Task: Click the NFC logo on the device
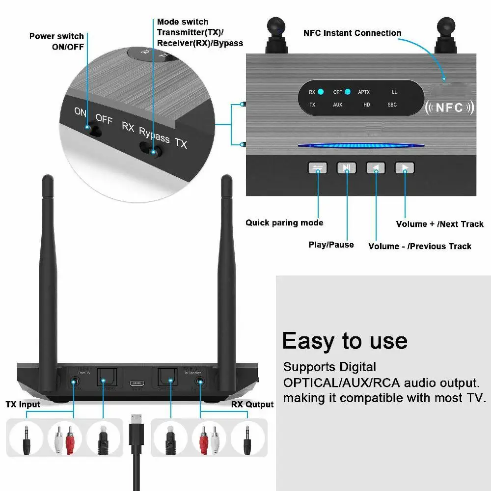[x=449, y=108]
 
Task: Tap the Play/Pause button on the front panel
[x=347, y=168]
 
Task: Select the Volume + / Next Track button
[x=405, y=168]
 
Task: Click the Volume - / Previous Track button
[x=376, y=168]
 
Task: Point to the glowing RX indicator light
[x=321, y=92]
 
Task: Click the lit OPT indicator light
[x=348, y=92]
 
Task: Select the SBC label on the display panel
[x=392, y=105]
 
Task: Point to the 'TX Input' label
[x=23, y=405]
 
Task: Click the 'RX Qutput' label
[x=252, y=405]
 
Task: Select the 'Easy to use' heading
[x=345, y=340]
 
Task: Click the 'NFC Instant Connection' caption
[x=352, y=33]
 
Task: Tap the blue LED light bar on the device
[x=361, y=145]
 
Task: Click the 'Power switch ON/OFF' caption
[x=56, y=41]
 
